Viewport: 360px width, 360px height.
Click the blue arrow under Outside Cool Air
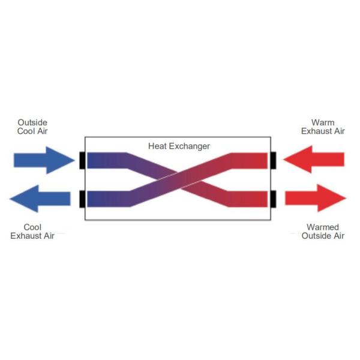[42, 160]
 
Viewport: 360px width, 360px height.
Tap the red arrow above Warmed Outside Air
[316, 198]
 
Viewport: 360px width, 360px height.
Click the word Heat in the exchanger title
[157, 146]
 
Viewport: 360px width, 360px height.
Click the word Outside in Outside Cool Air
[32, 122]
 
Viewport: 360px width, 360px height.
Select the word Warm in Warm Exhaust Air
[323, 122]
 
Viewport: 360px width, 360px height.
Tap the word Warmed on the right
[323, 227]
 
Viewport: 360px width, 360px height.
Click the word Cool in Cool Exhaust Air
[32, 227]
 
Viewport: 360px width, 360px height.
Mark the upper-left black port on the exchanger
[82, 160]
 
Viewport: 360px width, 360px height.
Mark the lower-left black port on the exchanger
[82, 199]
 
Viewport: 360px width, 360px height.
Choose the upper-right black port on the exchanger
[272, 160]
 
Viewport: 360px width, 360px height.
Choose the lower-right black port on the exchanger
[272, 199]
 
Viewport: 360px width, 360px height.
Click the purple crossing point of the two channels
[178, 179]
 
